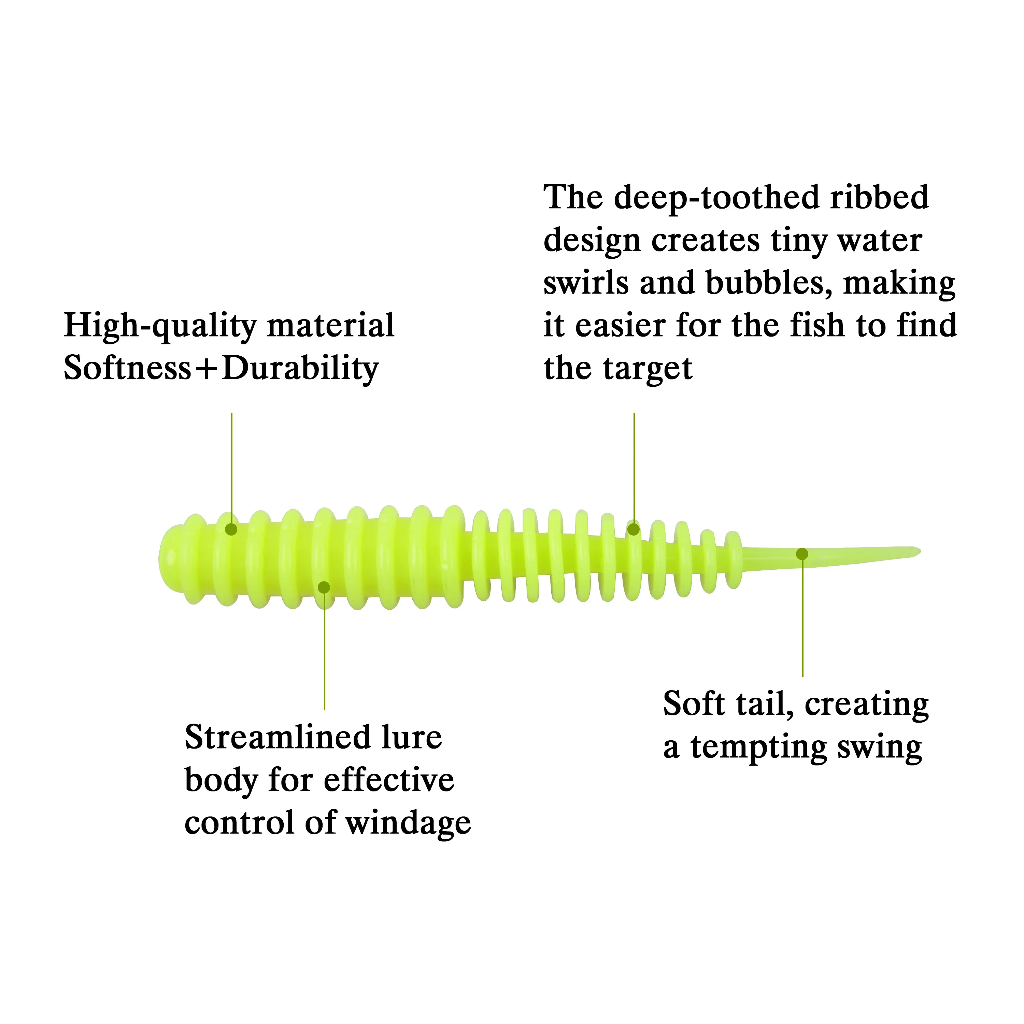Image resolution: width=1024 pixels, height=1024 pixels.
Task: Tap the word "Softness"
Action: [127, 368]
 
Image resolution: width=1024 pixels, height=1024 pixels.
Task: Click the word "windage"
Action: [408, 824]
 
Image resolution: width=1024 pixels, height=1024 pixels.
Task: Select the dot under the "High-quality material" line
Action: [231, 529]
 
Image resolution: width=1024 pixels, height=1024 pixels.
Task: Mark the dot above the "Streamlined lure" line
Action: [324, 587]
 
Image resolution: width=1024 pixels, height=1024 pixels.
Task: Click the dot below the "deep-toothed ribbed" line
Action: [634, 529]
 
